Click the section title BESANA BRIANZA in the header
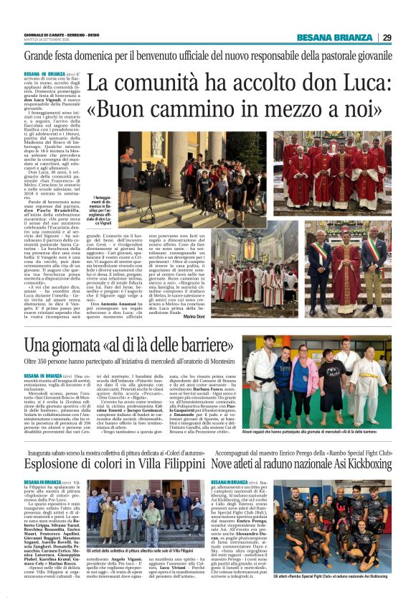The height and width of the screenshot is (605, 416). point(344,37)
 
